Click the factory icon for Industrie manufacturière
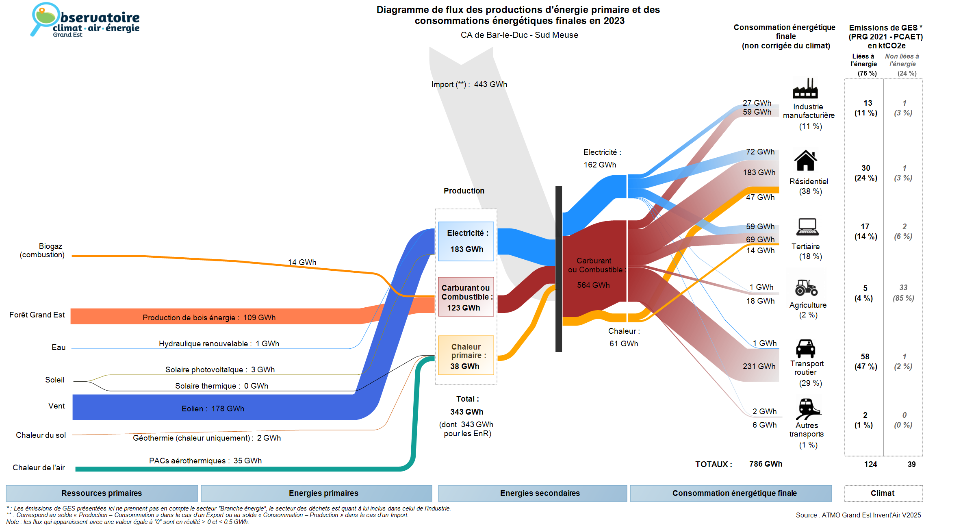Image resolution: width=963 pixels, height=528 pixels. (805, 88)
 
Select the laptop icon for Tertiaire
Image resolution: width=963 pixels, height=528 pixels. (807, 227)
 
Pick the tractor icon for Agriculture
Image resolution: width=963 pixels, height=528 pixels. (806, 287)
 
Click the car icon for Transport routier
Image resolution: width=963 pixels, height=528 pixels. (805, 348)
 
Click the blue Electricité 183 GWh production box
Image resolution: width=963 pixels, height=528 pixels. (466, 241)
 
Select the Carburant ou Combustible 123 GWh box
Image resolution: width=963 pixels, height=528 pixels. (466, 297)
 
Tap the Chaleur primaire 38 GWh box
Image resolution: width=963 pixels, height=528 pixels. (466, 356)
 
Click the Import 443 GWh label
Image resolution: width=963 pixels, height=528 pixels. (469, 85)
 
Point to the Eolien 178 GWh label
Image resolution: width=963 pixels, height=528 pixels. (213, 408)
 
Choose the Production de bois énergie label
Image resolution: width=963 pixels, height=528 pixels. (209, 317)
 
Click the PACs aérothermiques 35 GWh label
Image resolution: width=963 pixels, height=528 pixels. (205, 461)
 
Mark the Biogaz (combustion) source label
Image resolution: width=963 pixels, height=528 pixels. (42, 250)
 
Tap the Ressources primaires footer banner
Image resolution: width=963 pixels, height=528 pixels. (102, 493)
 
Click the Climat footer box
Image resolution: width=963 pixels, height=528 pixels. (883, 493)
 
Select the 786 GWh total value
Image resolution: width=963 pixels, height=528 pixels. (766, 464)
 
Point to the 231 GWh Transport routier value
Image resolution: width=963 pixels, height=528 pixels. (759, 366)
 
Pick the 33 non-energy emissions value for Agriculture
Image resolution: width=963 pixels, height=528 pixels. (903, 287)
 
